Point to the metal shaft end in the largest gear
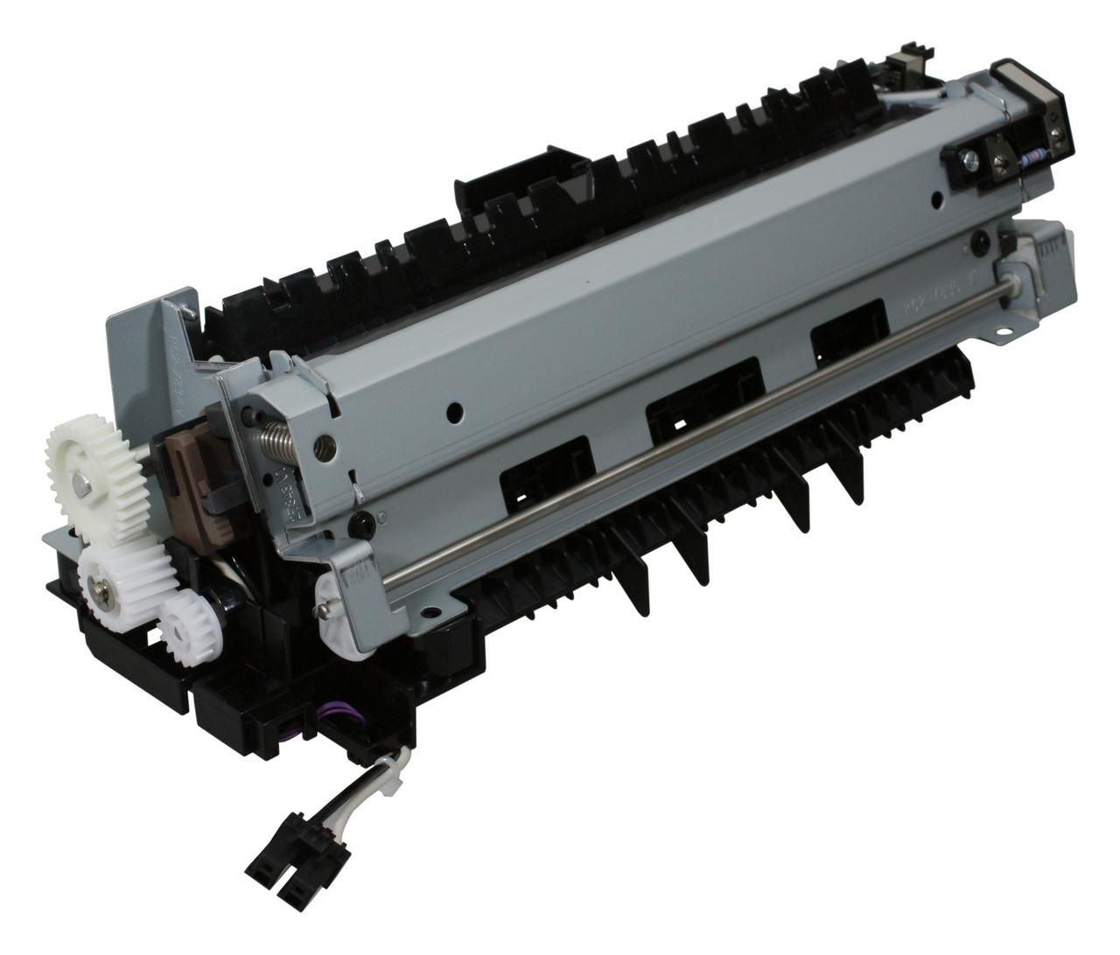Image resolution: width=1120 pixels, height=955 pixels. tap(80, 480)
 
